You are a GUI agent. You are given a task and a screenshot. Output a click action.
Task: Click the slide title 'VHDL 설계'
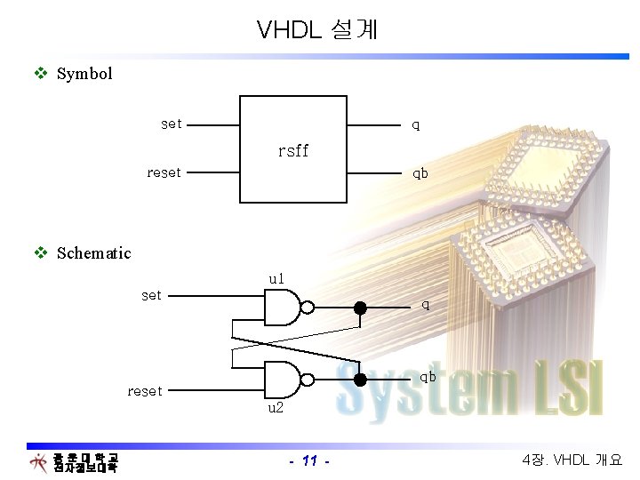pos(317,30)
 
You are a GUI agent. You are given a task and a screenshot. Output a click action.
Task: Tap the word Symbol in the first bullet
pos(84,74)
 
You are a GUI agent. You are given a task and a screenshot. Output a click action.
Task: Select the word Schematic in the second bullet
pos(93,253)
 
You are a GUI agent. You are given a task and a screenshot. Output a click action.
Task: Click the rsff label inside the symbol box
pos(292,151)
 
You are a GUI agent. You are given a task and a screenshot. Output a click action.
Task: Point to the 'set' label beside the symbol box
pos(172,124)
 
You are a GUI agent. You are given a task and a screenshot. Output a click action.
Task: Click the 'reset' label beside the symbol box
pos(164,172)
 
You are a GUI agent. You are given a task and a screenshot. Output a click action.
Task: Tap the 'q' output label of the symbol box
pos(415,125)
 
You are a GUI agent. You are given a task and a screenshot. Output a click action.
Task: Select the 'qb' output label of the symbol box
pos(420,173)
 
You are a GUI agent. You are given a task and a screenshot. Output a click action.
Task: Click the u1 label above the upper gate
pos(276,279)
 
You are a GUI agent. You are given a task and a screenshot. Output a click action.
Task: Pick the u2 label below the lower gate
pos(276,408)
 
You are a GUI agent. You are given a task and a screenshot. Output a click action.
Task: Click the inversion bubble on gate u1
pos(308,308)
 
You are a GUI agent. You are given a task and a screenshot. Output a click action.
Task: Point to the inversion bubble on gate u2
pos(308,380)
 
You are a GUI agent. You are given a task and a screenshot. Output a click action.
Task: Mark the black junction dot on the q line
pos(360,308)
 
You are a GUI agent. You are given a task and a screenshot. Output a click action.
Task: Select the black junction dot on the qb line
pos(360,380)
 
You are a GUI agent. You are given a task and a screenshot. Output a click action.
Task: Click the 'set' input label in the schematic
pos(152,295)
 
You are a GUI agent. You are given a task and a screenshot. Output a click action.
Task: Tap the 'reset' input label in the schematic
pos(145,391)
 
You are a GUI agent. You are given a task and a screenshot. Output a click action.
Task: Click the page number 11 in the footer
pos(310,460)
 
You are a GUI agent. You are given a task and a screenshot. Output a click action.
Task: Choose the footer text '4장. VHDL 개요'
pos(573,460)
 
